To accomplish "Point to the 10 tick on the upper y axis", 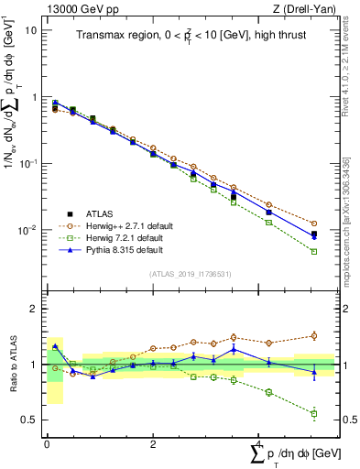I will click(30, 30).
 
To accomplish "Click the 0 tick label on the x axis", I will click(47, 443).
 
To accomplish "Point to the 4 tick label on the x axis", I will click(258, 443).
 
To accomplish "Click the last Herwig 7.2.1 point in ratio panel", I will click(314, 414).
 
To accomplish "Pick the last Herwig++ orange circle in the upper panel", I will click(314, 224).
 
